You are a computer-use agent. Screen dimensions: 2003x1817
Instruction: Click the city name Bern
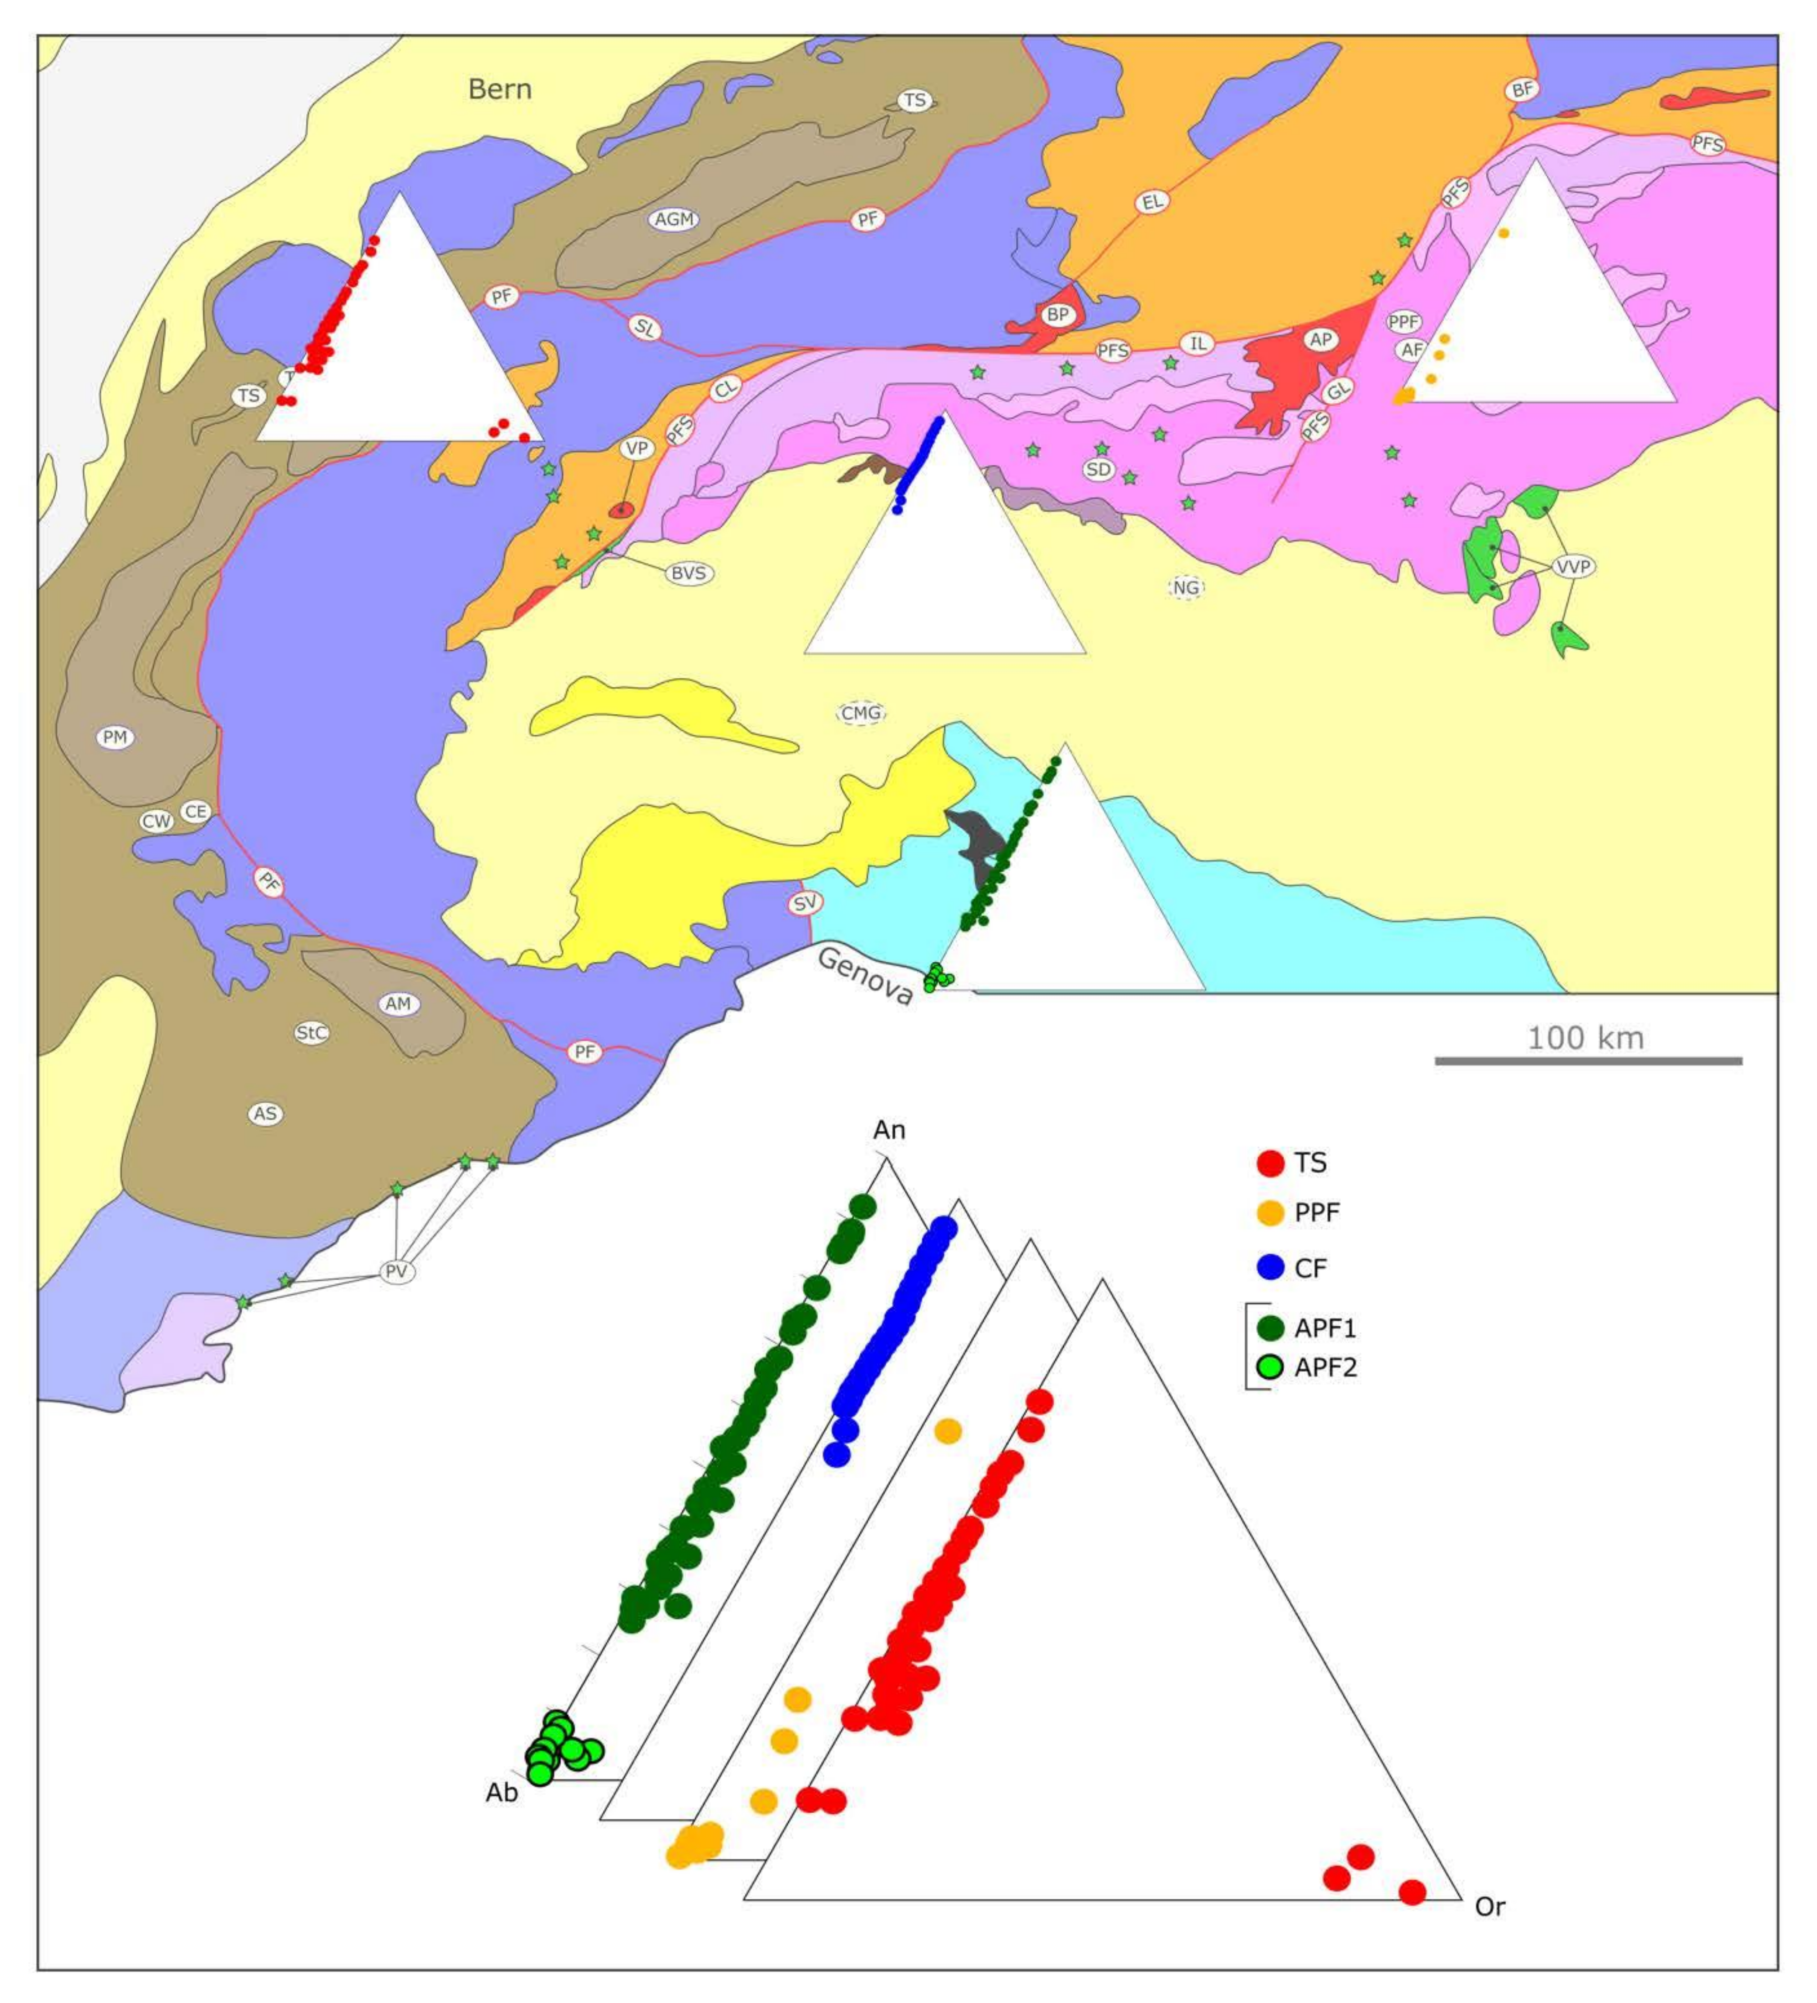[500, 89]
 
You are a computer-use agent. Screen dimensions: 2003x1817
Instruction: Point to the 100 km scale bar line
[1588, 1061]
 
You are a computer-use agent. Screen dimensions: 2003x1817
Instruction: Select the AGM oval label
[673, 220]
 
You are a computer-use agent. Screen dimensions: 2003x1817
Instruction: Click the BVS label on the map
[688, 573]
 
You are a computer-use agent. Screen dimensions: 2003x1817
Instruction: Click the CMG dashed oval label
[860, 713]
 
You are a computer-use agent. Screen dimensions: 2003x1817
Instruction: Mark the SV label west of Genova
[805, 903]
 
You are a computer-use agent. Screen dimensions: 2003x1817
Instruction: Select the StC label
[311, 1033]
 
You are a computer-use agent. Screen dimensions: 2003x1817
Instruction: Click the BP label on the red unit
[1057, 315]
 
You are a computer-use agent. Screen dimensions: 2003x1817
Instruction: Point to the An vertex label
[889, 1130]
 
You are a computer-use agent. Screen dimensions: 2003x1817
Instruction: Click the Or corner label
[1489, 1906]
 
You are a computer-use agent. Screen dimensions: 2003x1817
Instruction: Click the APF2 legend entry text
[1325, 1368]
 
